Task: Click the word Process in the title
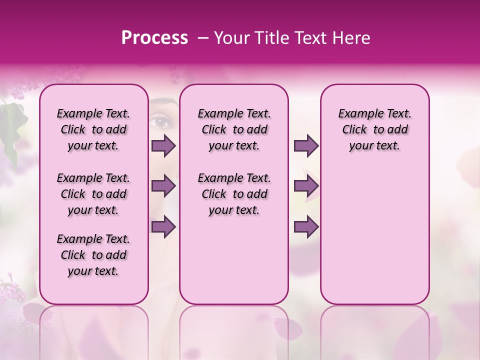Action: (x=154, y=38)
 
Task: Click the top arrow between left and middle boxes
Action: (x=163, y=146)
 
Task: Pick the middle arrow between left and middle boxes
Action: (x=163, y=186)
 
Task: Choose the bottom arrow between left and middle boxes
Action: (x=163, y=226)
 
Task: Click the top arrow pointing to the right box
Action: (x=306, y=146)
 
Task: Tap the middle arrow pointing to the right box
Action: (x=306, y=186)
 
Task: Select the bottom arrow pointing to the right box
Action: (x=306, y=226)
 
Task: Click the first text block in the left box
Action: (x=93, y=129)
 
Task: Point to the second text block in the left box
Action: (x=93, y=194)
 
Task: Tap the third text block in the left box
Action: (x=93, y=255)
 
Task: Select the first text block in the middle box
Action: (x=234, y=129)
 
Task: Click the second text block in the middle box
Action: (x=234, y=194)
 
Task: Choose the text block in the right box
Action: (x=374, y=129)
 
